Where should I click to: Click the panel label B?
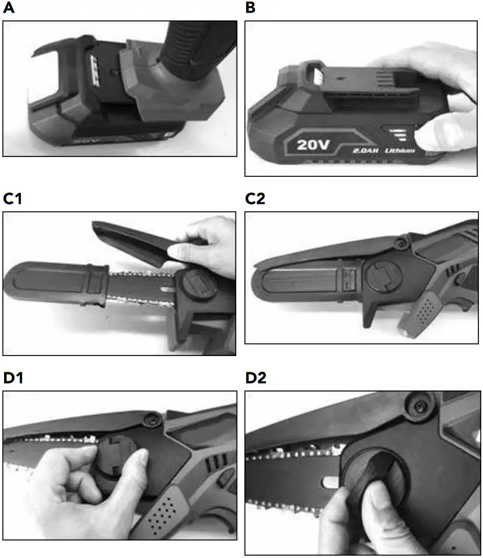click(x=250, y=9)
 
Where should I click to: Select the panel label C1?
click(x=12, y=199)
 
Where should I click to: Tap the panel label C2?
click(x=256, y=199)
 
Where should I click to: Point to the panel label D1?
click(x=13, y=378)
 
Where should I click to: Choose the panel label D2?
click(x=256, y=378)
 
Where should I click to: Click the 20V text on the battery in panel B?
click(x=309, y=144)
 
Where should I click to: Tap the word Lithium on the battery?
click(x=401, y=151)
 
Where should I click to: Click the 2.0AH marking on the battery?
click(x=366, y=151)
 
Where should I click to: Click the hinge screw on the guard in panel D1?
click(x=153, y=419)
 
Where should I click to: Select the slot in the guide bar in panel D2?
click(x=330, y=482)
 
